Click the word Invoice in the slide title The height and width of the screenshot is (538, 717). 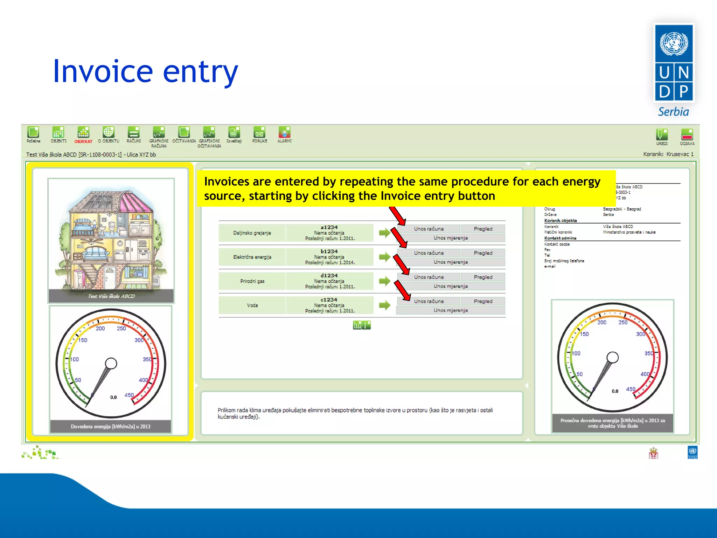tap(103, 71)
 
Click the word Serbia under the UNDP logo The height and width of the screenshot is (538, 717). tap(673, 112)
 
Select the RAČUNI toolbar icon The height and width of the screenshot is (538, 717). tap(133, 133)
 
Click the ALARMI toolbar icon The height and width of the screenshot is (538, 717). tap(284, 133)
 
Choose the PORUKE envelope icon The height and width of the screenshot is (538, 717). tap(259, 133)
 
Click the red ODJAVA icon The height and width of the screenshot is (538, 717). tap(687, 134)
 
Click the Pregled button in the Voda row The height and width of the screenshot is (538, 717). tap(483, 301)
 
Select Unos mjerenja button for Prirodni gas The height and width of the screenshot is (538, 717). tap(451, 286)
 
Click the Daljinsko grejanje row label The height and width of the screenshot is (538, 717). tap(252, 233)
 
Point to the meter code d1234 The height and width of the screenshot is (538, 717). tap(329, 276)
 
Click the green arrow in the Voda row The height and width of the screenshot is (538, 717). tap(384, 305)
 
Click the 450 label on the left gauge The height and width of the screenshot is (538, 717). tap(129, 395)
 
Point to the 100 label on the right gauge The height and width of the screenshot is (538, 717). tap(576, 353)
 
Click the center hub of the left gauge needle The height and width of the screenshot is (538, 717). tap(111, 363)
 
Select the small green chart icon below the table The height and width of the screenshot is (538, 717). tap(361, 325)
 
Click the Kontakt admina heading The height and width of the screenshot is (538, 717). tap(560, 238)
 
